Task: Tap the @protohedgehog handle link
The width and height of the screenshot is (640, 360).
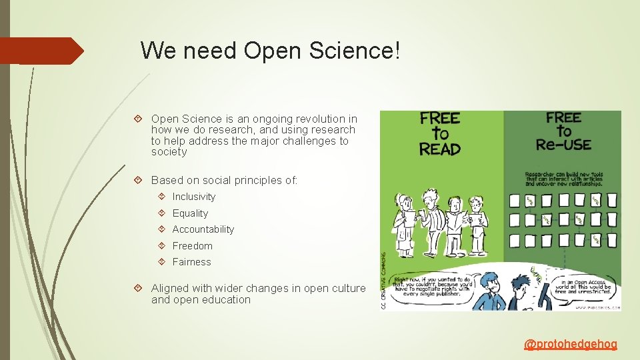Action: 571,345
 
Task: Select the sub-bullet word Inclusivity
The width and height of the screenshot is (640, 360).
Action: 194,197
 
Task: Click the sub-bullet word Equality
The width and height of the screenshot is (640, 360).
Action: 190,213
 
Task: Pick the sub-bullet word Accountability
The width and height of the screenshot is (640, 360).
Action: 203,229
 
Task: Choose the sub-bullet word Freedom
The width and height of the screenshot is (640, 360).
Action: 192,246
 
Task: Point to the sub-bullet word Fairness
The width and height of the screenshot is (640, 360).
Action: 191,262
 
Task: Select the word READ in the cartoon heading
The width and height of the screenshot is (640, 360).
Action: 440,149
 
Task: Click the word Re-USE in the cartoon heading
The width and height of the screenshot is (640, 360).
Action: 564,144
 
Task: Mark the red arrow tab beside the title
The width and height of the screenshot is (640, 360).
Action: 41,51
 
